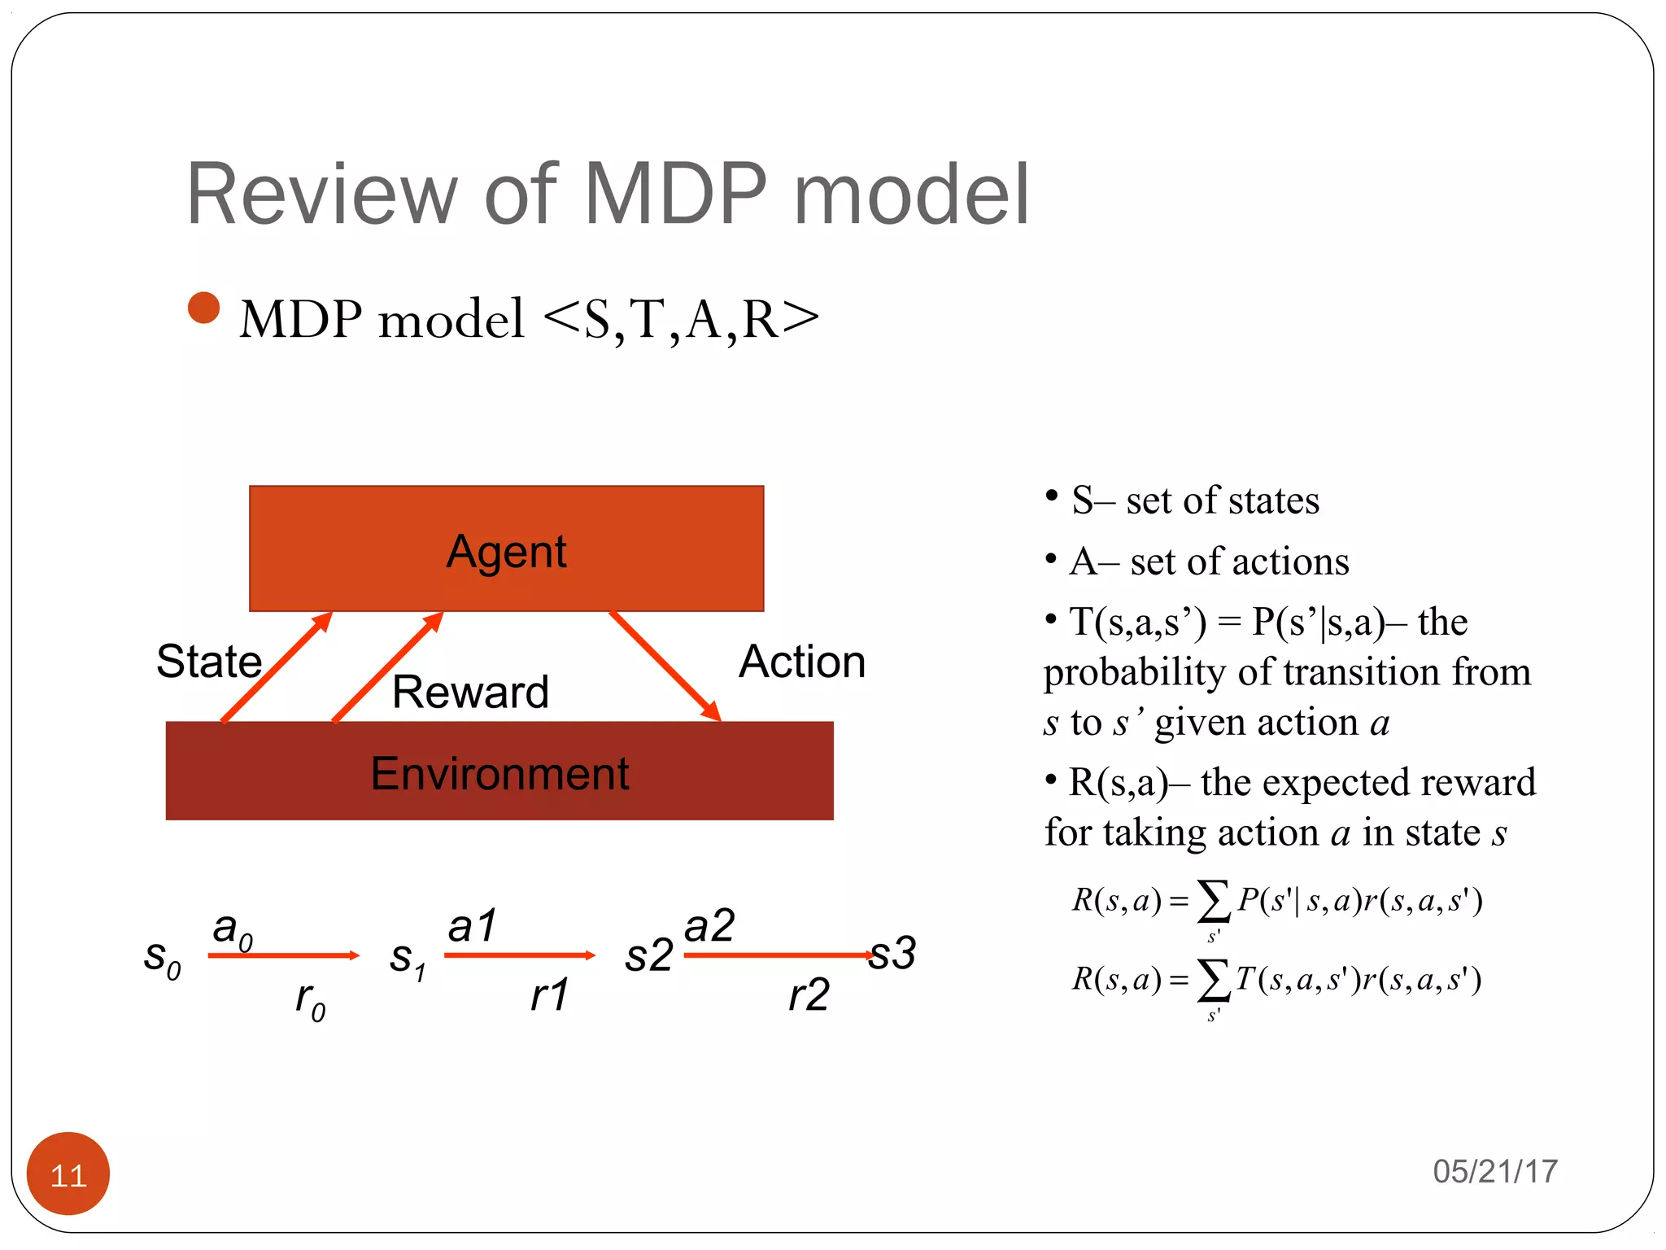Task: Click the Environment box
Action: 499,771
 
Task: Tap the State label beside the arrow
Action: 209,661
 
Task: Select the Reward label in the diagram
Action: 470,692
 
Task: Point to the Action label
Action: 801,661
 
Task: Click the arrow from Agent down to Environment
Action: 665,666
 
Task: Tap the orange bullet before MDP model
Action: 203,308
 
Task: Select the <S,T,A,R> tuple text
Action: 680,318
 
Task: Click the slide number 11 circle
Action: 68,1174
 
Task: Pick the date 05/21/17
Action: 1494,1171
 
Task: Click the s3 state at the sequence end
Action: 892,953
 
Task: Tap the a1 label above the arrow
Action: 472,926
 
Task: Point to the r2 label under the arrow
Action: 809,994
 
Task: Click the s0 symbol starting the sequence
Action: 162,959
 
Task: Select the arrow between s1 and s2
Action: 519,955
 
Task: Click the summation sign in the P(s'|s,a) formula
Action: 1213,902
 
